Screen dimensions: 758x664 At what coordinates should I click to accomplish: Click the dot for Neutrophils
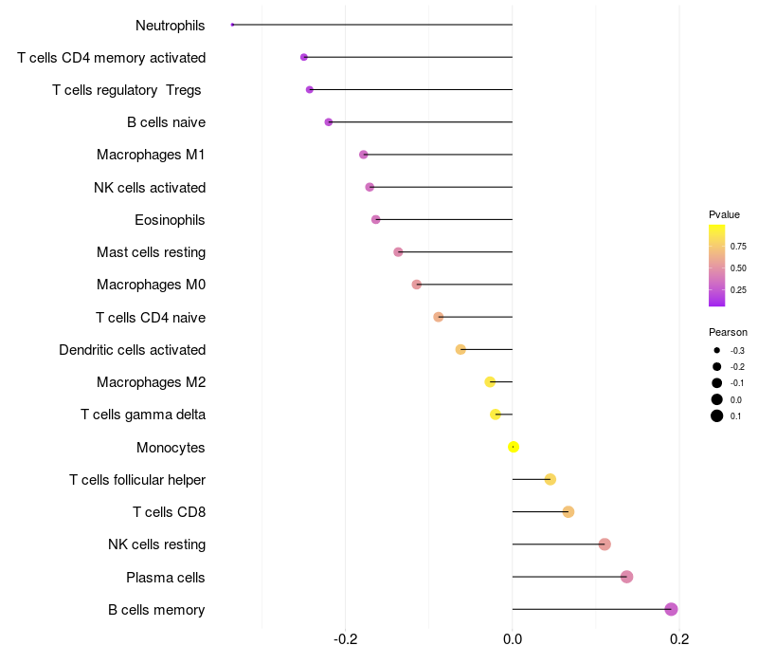click(x=232, y=25)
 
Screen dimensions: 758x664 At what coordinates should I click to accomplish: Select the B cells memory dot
click(x=671, y=609)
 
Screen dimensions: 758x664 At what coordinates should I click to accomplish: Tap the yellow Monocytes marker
click(x=514, y=447)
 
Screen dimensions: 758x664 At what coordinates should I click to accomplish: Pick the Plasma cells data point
click(x=626, y=577)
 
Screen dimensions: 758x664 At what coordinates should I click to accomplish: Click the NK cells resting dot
click(x=605, y=544)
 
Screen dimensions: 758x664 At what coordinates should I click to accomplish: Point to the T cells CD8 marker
click(x=568, y=512)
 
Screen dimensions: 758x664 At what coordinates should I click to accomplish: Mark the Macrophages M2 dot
click(x=490, y=382)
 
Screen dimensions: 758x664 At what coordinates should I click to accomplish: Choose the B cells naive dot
click(x=329, y=122)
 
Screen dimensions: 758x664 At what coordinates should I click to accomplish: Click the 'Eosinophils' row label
click(x=170, y=220)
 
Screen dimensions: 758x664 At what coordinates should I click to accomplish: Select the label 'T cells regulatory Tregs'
click(x=127, y=90)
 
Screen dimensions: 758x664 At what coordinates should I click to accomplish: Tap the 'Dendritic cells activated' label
click(x=132, y=350)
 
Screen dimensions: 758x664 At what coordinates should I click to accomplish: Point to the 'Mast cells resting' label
click(x=151, y=252)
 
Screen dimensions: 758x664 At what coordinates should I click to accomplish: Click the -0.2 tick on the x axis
click(x=345, y=639)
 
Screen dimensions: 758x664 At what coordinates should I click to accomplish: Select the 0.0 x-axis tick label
click(x=513, y=639)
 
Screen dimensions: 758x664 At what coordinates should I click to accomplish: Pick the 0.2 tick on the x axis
click(x=679, y=639)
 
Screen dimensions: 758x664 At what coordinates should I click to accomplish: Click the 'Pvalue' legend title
click(x=724, y=215)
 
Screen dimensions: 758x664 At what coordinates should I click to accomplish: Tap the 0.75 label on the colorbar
click(x=738, y=247)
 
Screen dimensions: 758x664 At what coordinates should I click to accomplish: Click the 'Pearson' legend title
click(x=728, y=333)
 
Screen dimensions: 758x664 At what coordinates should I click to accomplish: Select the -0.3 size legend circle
click(x=717, y=350)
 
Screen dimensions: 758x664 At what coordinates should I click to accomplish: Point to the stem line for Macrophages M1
click(x=438, y=155)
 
